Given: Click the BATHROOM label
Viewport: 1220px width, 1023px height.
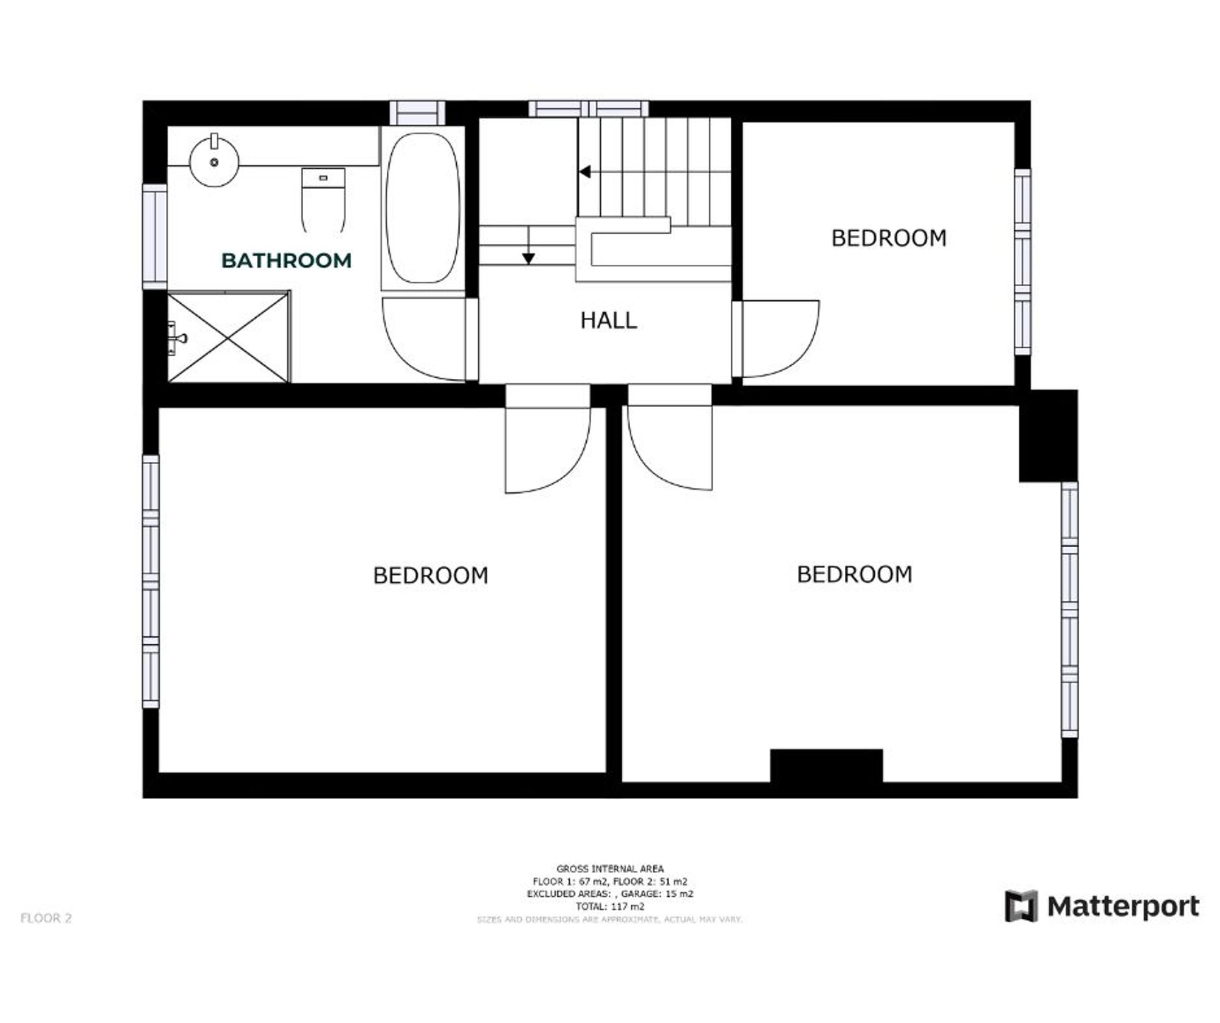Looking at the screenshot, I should (x=286, y=260).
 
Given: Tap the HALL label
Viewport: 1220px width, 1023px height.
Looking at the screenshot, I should (x=608, y=320).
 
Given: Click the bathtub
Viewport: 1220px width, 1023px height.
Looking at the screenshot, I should (x=423, y=207).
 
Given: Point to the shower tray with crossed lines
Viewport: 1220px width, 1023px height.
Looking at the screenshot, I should (x=228, y=337).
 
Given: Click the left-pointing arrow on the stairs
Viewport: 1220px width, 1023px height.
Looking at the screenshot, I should (x=585, y=172).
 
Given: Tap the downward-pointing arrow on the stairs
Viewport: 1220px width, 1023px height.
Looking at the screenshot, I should (x=528, y=258).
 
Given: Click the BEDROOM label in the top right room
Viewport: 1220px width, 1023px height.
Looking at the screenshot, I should (x=889, y=238).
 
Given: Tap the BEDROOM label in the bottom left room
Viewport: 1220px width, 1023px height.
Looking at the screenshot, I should (x=431, y=575).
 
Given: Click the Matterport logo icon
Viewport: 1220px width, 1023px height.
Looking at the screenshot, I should (x=1021, y=906).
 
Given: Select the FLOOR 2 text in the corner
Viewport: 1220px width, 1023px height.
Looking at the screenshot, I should (x=46, y=918).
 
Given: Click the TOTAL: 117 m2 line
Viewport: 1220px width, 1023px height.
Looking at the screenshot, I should (x=609, y=906).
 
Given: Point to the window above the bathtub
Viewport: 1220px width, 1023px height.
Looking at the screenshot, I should (x=418, y=113).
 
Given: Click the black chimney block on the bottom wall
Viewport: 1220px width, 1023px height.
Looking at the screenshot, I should (x=826, y=766).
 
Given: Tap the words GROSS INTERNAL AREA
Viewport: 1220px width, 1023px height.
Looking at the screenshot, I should (x=609, y=868).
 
